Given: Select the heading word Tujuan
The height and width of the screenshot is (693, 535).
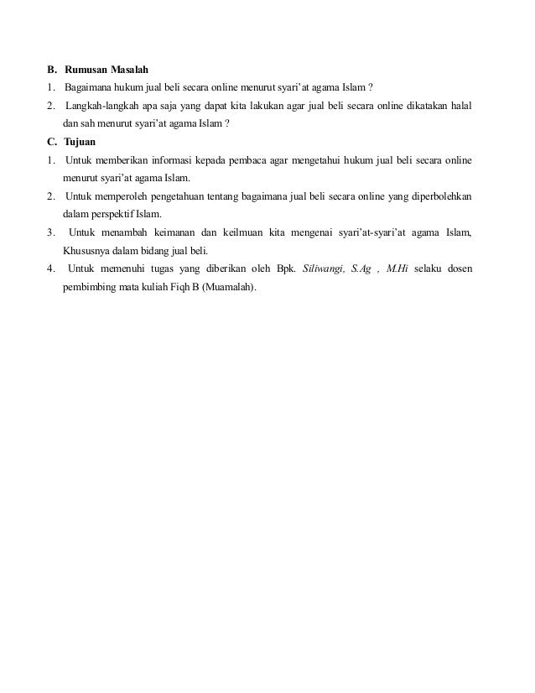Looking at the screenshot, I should pyautogui.click(x=81, y=141).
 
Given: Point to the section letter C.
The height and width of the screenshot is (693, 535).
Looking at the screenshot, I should pyautogui.click(x=51, y=141).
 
